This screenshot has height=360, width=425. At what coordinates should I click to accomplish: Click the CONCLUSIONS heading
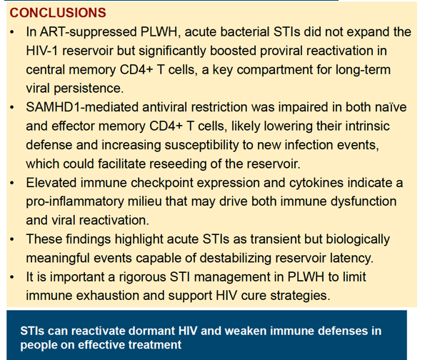pyautogui.click(x=58, y=13)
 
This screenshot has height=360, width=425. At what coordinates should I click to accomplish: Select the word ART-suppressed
pyautogui.click(x=89, y=32)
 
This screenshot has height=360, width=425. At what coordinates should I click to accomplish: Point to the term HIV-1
pyautogui.click(x=42, y=51)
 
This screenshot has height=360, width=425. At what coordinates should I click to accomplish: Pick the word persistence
pyautogui.click(x=89, y=89)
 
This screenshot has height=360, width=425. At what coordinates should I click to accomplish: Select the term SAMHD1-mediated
pyautogui.click(x=82, y=107)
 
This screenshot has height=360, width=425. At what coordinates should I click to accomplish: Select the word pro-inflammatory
pyautogui.click(x=75, y=201)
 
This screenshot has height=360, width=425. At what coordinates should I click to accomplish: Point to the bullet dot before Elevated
pyautogui.click(x=11, y=184)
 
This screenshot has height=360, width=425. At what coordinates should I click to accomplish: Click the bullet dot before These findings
pyautogui.click(x=11, y=239)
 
